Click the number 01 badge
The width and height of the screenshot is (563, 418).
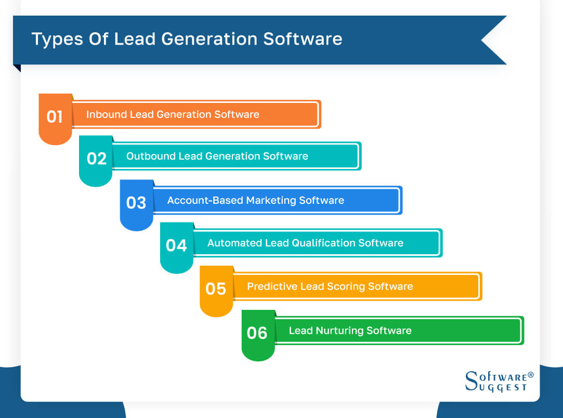(55, 117)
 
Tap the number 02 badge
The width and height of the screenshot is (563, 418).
(96, 159)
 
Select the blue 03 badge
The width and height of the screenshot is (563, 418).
(136, 203)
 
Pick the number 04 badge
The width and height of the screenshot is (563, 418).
(176, 245)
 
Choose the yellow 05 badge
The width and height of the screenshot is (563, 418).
(216, 289)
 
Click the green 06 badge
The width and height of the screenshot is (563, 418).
(257, 333)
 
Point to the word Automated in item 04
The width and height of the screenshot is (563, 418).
(232, 243)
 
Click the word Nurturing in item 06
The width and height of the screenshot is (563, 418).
(339, 331)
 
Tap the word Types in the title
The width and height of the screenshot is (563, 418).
(53, 40)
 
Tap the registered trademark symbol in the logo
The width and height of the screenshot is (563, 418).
(530, 375)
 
